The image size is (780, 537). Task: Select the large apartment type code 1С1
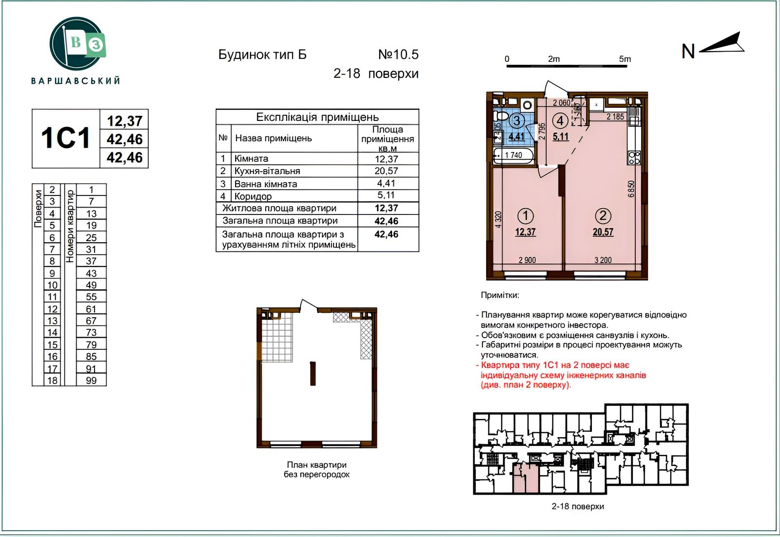[x=66, y=138]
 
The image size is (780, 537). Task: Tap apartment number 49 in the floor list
[x=91, y=285]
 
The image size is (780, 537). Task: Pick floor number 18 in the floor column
[x=52, y=381]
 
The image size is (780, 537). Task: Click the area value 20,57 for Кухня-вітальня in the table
[x=386, y=171]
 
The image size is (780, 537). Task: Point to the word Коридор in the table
[x=253, y=197]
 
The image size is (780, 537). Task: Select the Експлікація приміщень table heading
[x=317, y=117]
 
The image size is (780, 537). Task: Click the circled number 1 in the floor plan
[x=526, y=216]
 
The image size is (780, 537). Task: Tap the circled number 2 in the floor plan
[x=603, y=216]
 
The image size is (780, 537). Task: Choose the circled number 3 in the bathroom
[x=517, y=121]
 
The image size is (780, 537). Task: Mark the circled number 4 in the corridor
[x=560, y=121]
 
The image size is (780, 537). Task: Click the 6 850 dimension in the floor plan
[x=631, y=189]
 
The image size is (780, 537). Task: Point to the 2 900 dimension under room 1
[x=527, y=260]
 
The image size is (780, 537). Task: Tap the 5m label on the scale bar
[x=624, y=59]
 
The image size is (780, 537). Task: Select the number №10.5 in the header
[x=398, y=55]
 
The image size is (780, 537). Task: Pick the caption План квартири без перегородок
[x=316, y=469]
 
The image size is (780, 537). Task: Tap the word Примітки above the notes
[x=500, y=295]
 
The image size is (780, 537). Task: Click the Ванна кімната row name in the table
[x=266, y=184]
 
